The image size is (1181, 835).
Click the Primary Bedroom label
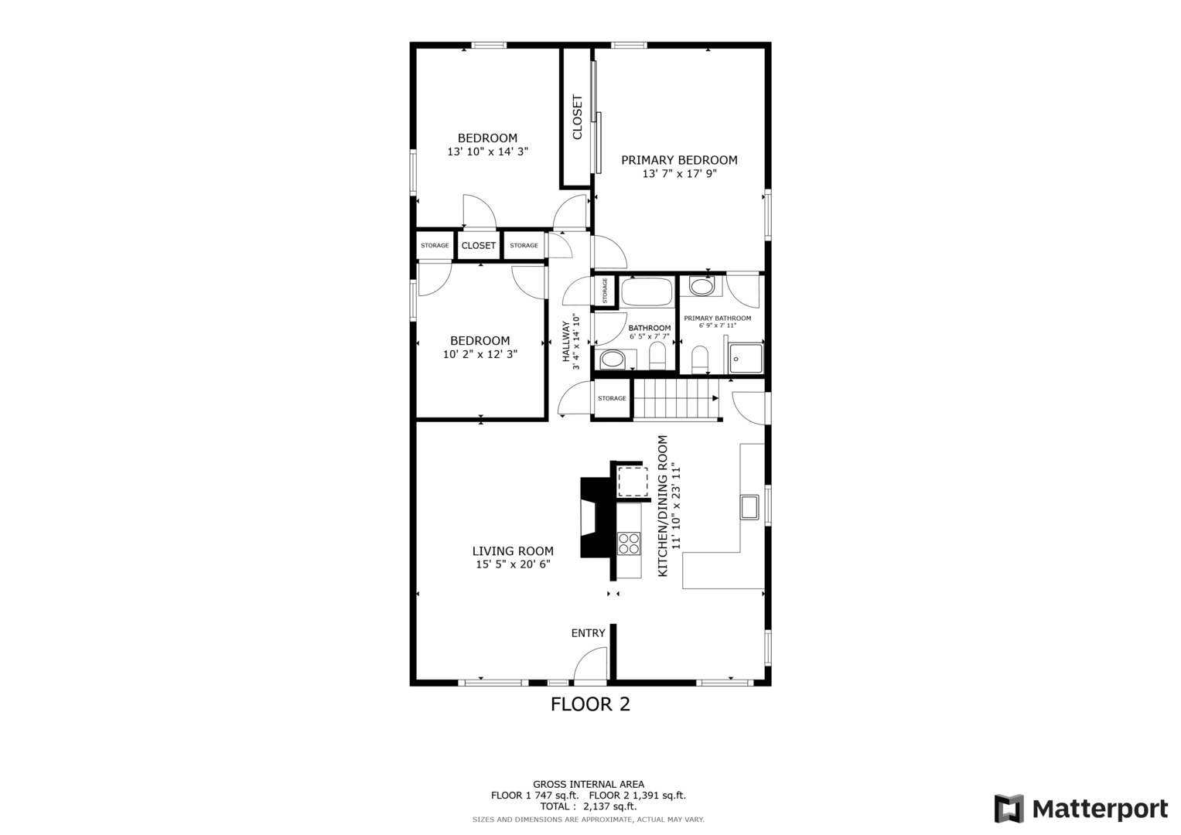point(679,160)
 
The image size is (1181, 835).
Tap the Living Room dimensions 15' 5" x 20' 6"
point(513,564)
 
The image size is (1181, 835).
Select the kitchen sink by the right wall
point(749,507)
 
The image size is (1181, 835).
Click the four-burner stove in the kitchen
point(629,544)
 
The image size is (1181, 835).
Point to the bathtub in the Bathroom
point(647,292)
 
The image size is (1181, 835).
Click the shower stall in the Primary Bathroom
point(746,358)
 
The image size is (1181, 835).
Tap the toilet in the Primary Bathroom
point(700,359)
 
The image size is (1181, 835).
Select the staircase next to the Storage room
point(677,400)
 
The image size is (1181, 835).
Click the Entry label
point(589,633)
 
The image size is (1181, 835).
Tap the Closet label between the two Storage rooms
point(479,246)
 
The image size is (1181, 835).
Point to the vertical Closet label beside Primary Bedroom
point(577,117)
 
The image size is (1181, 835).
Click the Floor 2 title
point(591,704)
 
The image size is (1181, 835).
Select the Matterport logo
point(1081,809)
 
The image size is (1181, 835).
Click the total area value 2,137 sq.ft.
point(610,806)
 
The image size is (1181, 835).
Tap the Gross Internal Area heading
point(589,785)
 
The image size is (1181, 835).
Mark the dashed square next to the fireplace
point(633,481)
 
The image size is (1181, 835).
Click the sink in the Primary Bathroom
point(701,287)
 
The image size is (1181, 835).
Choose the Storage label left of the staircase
point(612,398)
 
